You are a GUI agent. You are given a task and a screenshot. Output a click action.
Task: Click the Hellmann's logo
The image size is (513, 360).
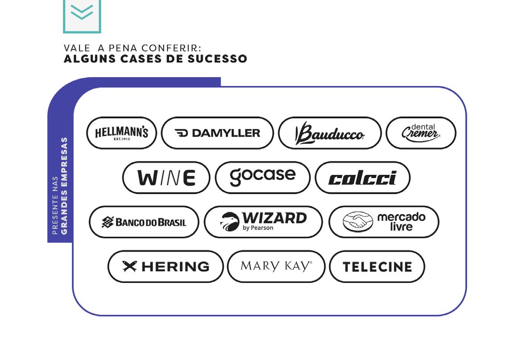[121, 133]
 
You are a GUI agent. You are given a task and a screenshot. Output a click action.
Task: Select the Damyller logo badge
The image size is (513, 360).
[217, 133]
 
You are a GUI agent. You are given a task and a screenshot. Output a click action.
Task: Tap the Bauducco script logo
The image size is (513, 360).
[330, 133]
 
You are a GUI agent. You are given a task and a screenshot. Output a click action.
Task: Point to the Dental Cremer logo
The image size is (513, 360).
[421, 133]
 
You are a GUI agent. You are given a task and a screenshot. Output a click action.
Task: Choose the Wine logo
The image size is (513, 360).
[166, 178]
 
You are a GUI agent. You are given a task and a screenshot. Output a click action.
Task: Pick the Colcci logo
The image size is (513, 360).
[363, 178]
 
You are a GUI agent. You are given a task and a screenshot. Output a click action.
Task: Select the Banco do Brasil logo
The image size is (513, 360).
[144, 222]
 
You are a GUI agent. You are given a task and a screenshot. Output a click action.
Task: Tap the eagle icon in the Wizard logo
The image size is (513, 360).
[229, 222]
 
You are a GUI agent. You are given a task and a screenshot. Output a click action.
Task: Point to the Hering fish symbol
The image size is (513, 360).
[129, 266]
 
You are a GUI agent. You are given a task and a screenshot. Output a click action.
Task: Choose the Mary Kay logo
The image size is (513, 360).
[276, 266]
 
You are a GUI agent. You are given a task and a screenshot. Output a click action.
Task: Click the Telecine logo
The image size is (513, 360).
[377, 266]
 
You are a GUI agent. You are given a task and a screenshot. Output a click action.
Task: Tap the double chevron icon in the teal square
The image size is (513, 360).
[82, 12]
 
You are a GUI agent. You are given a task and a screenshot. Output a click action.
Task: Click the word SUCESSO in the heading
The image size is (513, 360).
[217, 59]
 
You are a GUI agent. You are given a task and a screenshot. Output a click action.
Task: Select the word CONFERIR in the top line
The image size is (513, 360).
[171, 48]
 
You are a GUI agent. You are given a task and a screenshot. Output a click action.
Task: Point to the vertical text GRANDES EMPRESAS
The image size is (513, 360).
[64, 186]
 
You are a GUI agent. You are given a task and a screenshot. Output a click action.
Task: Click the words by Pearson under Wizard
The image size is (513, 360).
[258, 228]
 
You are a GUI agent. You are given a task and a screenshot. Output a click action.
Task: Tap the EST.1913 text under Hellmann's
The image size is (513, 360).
[122, 139]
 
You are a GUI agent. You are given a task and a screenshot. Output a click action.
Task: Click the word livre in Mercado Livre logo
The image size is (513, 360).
[401, 227]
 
